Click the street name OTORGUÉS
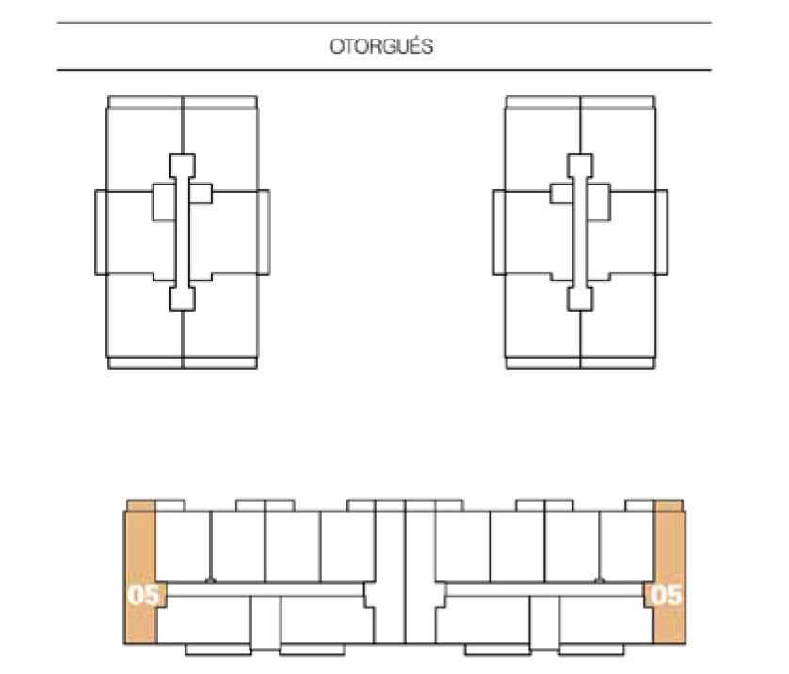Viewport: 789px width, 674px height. (381, 46)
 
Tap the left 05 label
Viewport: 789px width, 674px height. (143, 595)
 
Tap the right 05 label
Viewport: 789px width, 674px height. (666, 595)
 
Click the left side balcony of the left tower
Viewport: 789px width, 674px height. (101, 233)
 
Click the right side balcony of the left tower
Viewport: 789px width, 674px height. (264, 233)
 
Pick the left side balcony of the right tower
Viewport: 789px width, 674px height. (499, 233)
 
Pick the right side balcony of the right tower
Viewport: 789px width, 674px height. (662, 233)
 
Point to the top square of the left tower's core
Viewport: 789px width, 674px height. (182, 166)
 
